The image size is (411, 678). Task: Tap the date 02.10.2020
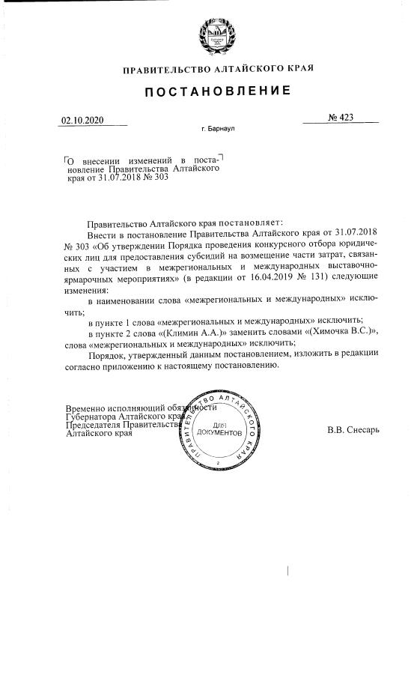click(x=82, y=120)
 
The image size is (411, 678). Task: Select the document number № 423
click(x=340, y=118)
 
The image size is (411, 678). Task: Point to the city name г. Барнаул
click(x=219, y=129)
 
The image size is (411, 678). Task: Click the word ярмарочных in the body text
click(x=92, y=279)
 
